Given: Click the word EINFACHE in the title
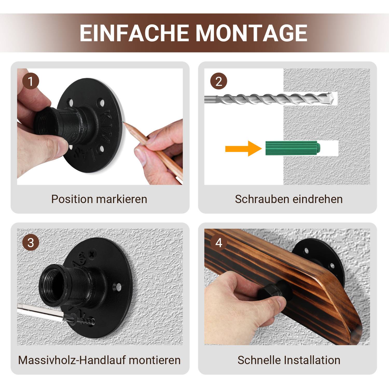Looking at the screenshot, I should [x=134, y=33].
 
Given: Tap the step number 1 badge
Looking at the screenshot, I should [x=31, y=81].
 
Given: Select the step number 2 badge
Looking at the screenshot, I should [x=218, y=81].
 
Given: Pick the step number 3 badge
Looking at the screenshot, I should [x=31, y=243].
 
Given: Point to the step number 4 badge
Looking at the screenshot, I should [x=218, y=243].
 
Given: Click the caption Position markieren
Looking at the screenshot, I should [x=99, y=199].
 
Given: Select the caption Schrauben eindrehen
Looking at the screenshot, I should [x=289, y=199].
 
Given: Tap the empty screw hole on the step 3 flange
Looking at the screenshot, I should [x=118, y=287].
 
